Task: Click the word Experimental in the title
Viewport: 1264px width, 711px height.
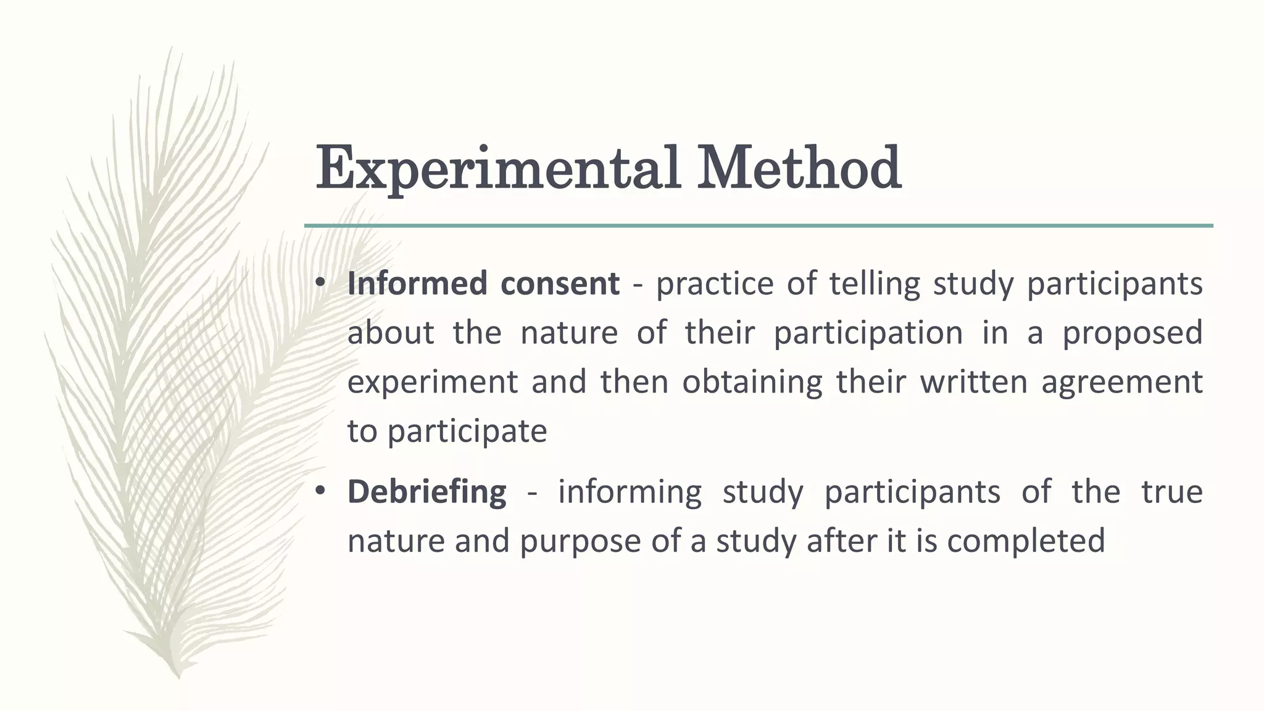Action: pyautogui.click(x=497, y=168)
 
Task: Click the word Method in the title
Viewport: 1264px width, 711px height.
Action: pyautogui.click(x=799, y=168)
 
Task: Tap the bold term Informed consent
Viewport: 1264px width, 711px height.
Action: pyautogui.click(x=483, y=283)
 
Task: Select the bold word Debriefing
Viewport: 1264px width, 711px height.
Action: pyautogui.click(x=426, y=492)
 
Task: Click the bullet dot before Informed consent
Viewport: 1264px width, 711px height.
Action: pyautogui.click(x=319, y=283)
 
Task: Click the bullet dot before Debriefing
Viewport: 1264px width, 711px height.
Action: pyautogui.click(x=319, y=491)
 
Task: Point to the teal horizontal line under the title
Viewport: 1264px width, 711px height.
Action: pyautogui.click(x=759, y=226)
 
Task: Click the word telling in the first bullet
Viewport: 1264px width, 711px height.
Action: pyautogui.click(x=874, y=283)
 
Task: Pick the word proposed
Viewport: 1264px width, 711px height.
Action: pyautogui.click(x=1132, y=333)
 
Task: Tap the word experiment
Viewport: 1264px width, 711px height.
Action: pyautogui.click(x=432, y=382)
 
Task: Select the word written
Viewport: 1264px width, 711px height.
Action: pyautogui.click(x=973, y=381)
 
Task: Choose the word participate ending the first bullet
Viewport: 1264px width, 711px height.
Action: pyautogui.click(x=467, y=431)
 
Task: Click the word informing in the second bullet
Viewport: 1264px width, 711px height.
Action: pyautogui.click(x=630, y=492)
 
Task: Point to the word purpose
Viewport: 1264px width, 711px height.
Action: pyautogui.click(x=580, y=541)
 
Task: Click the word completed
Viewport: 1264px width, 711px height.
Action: pyautogui.click(x=1025, y=541)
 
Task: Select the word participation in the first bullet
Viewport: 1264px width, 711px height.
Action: pyautogui.click(x=868, y=333)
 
